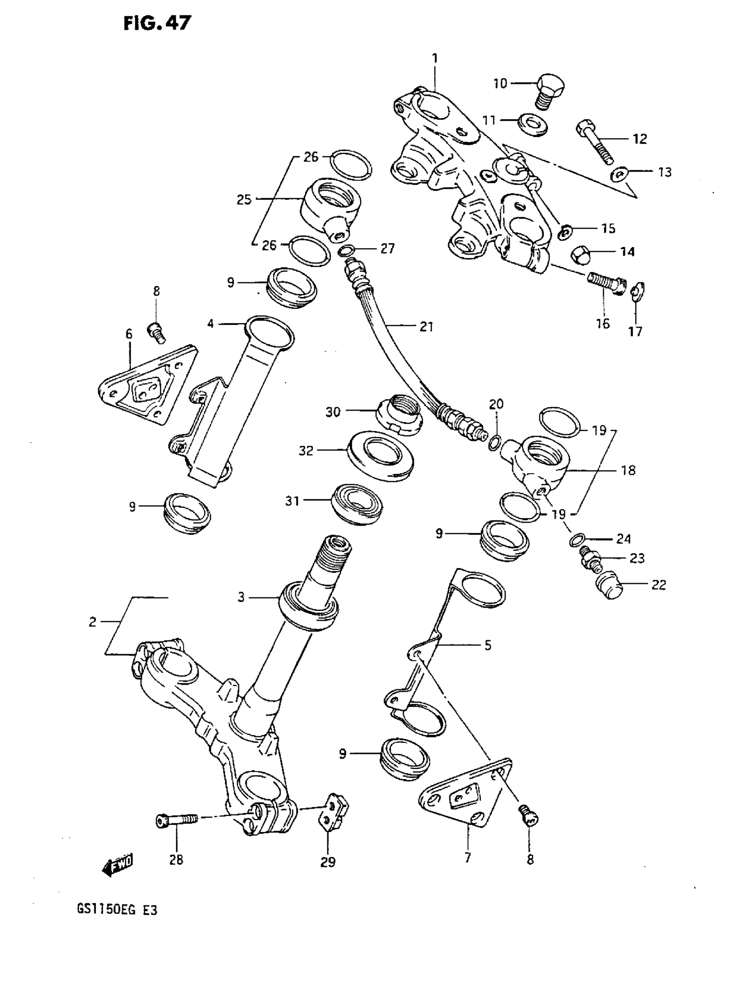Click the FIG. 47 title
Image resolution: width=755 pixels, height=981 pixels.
[x=157, y=24]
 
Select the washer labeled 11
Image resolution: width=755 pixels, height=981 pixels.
[x=532, y=124]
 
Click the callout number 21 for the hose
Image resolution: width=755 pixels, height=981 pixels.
[x=426, y=327]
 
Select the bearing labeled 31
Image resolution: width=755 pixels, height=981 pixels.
[x=358, y=504]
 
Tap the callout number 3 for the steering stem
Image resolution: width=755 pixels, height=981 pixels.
[x=241, y=597]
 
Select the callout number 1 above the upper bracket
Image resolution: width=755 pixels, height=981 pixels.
[x=434, y=58]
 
